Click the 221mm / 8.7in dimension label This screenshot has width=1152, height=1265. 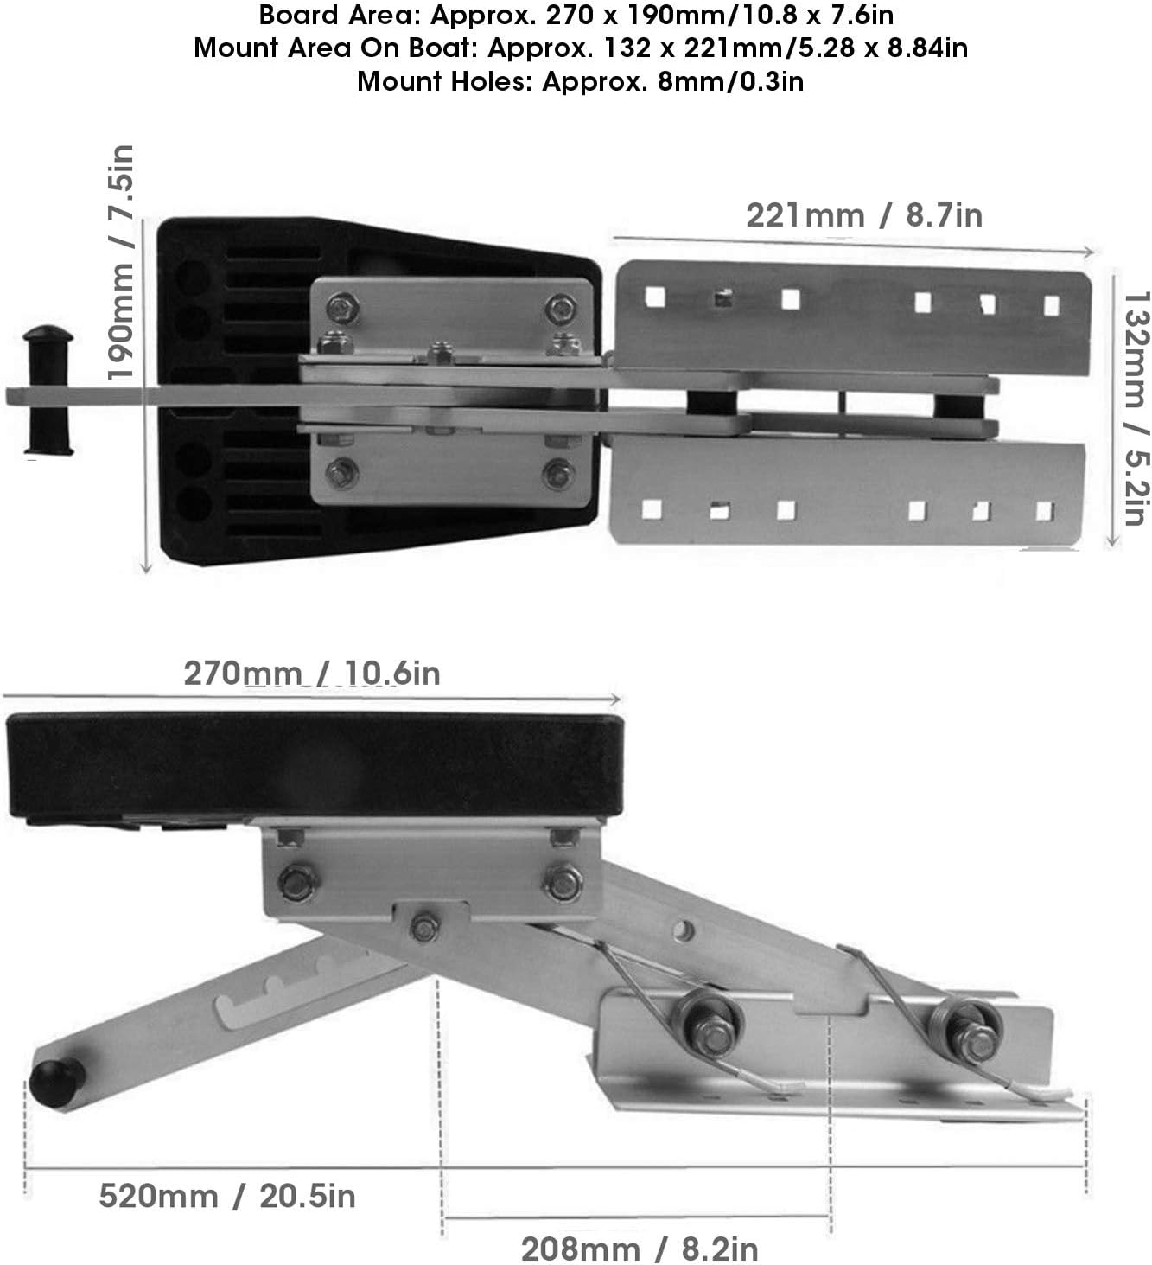pyautogui.click(x=863, y=214)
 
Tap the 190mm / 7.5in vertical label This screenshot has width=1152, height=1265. pyautogui.click(x=120, y=263)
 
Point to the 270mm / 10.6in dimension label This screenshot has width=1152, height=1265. pyautogui.click(x=311, y=673)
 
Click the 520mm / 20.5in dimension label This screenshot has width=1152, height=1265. pyautogui.click(x=226, y=1196)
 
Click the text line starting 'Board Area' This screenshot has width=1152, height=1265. pyautogui.click(x=576, y=16)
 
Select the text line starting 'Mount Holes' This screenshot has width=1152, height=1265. pyautogui.click(x=580, y=81)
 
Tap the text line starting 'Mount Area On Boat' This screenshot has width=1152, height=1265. pyautogui.click(x=580, y=48)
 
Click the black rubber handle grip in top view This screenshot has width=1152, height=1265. pyautogui.click(x=48, y=390)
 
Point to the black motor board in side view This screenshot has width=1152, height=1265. pyautogui.click(x=314, y=765)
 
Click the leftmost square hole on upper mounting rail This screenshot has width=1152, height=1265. pyautogui.click(x=654, y=297)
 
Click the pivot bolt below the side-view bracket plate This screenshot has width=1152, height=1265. pyautogui.click(x=423, y=927)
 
